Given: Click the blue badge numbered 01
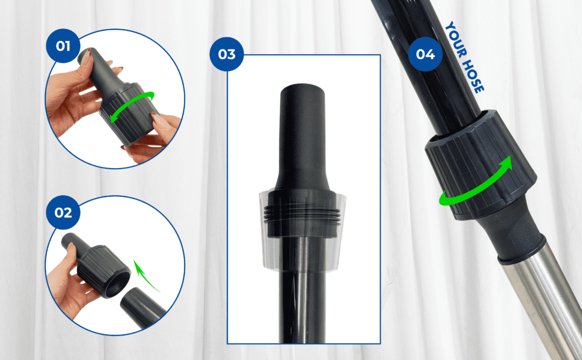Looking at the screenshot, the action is pos(63,46).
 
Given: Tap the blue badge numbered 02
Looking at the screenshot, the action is pos(63,212).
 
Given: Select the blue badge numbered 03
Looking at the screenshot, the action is pos(226,54).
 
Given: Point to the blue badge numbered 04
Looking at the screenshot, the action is pos(425,54).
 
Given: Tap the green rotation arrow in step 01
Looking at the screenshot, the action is pos(132,106).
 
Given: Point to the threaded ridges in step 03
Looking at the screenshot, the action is pos(303,215).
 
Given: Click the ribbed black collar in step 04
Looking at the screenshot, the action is pos(481,165).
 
